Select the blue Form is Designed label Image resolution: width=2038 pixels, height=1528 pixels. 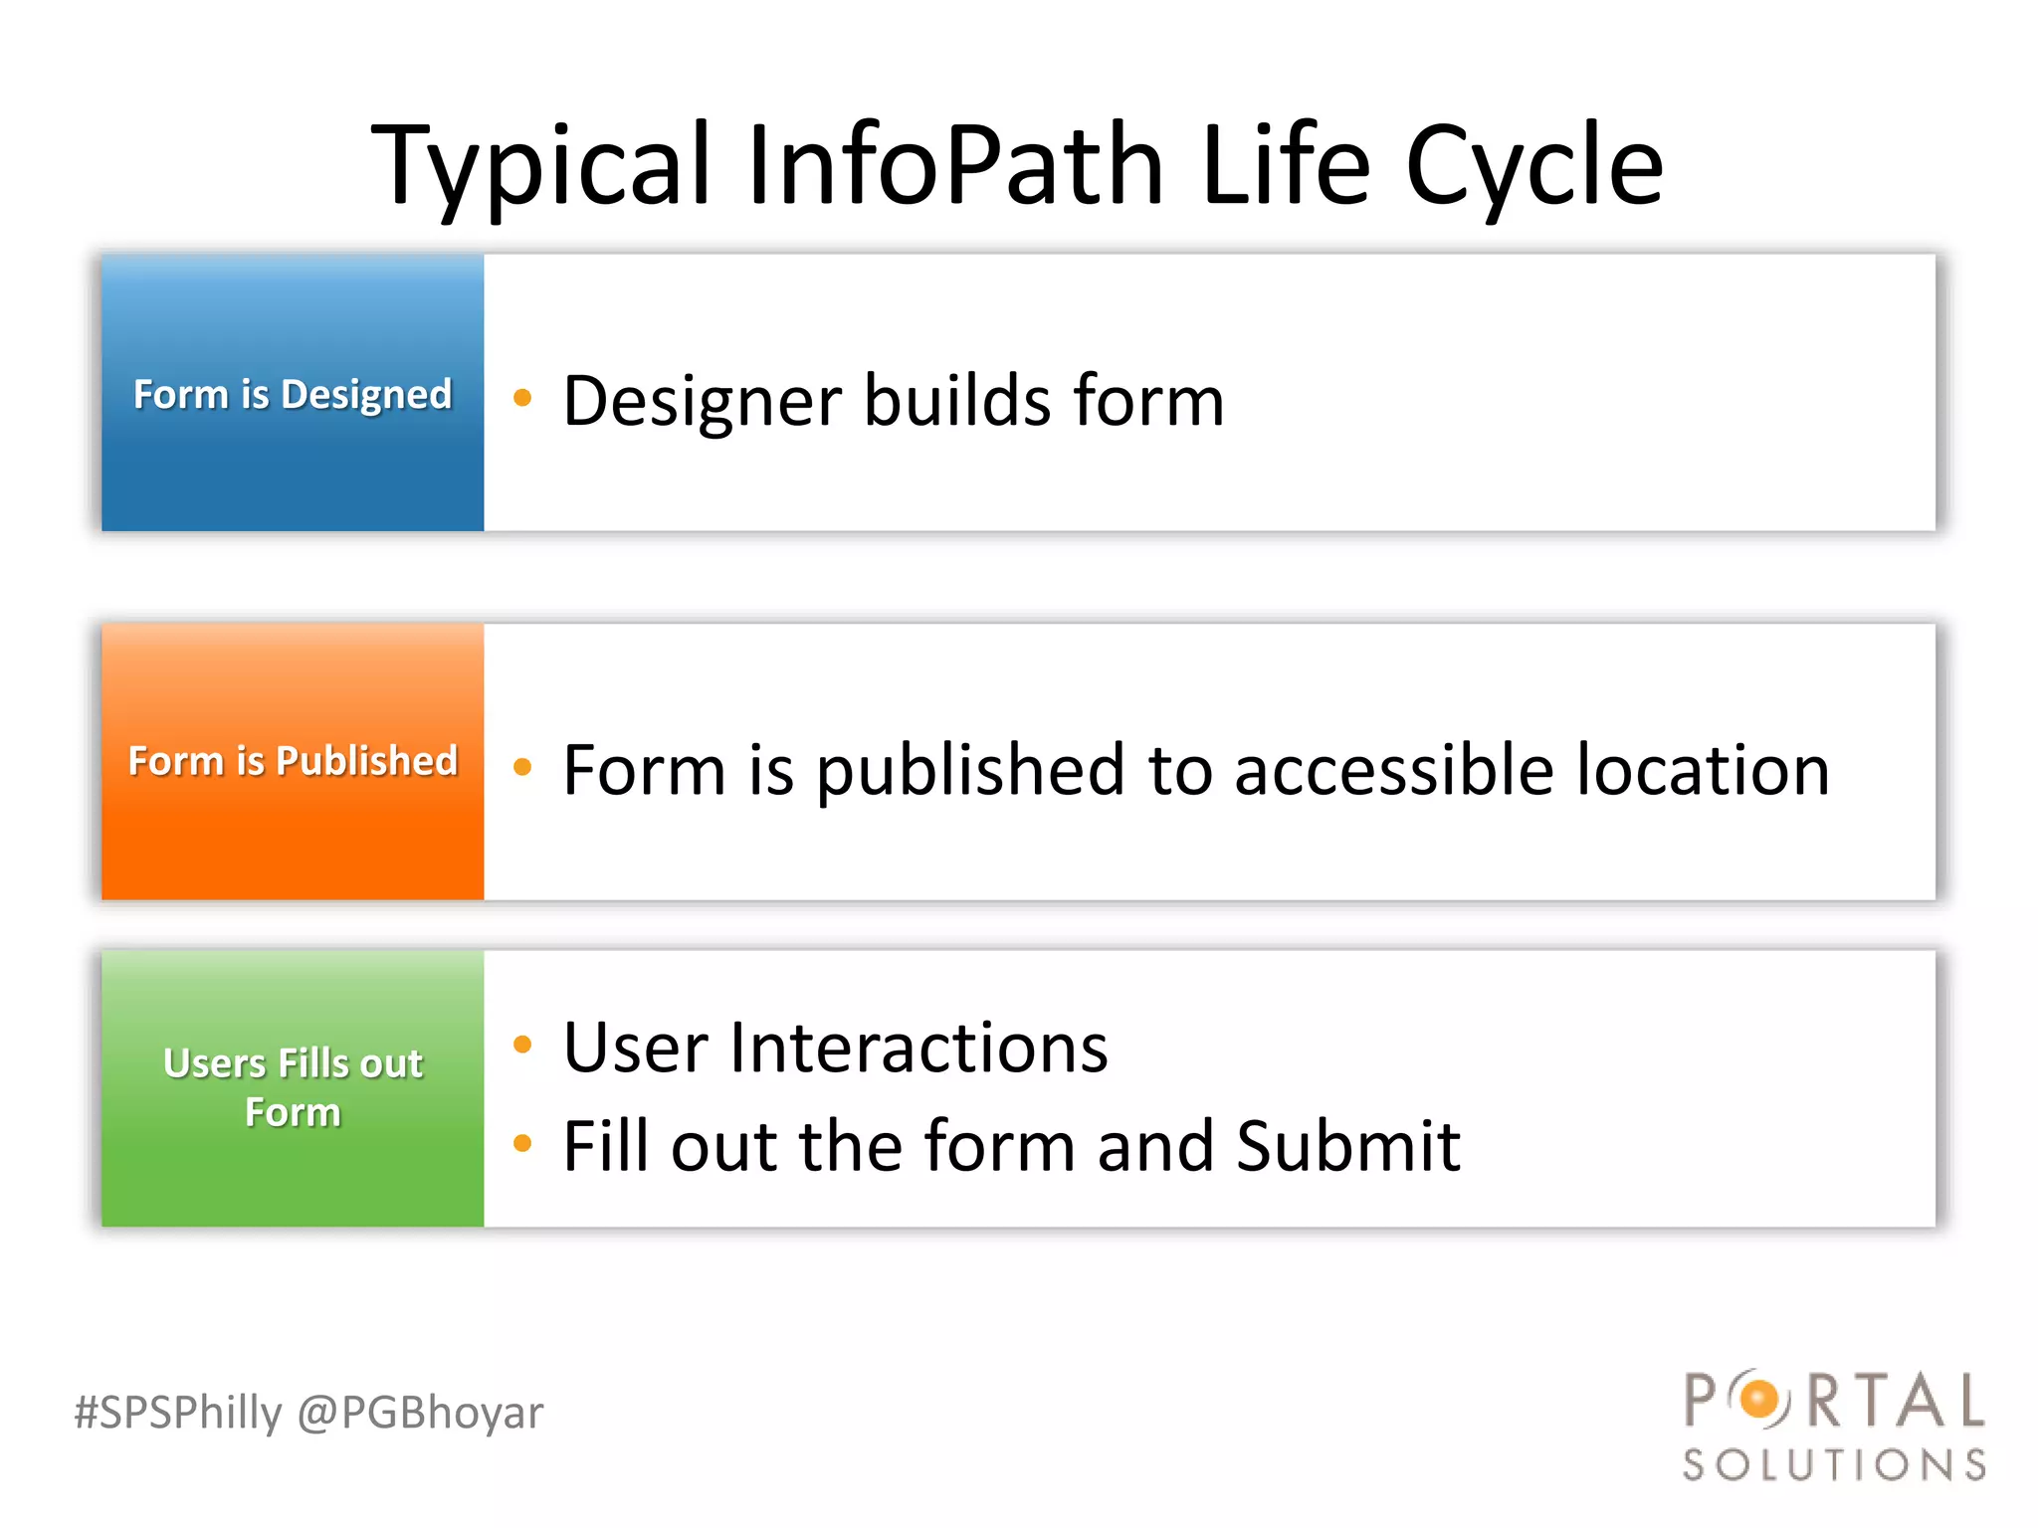(x=293, y=394)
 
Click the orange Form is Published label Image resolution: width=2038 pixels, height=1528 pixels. (x=293, y=761)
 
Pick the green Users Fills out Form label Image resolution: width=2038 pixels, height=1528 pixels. (x=293, y=1087)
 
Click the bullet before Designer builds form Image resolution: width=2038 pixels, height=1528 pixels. (x=522, y=399)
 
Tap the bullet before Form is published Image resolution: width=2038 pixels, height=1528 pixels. (x=522, y=767)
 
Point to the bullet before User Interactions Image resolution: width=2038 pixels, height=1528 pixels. (x=522, y=1045)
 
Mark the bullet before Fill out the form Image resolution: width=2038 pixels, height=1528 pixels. (x=522, y=1143)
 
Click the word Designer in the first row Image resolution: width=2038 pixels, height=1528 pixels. (x=703, y=401)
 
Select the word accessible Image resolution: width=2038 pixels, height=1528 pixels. (x=1393, y=771)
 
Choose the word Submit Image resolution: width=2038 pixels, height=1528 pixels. (x=1347, y=1146)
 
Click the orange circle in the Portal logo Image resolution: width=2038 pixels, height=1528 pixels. (x=1760, y=1400)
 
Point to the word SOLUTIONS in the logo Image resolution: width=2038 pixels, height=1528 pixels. (x=1834, y=1465)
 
